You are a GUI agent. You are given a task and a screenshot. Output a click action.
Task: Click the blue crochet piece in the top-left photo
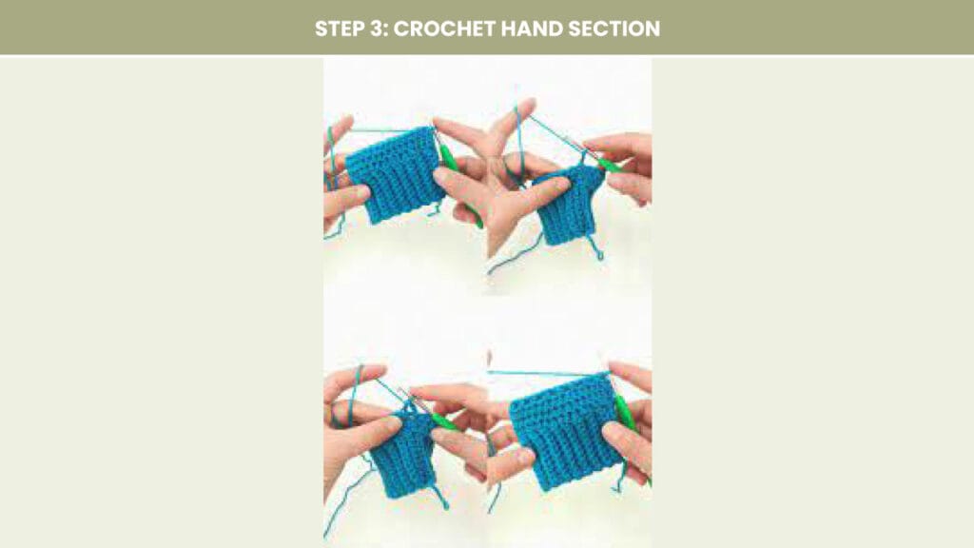[394, 175]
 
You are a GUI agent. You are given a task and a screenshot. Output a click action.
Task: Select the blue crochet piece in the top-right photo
[568, 205]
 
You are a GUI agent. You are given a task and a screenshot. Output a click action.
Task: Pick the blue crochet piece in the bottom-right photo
[565, 430]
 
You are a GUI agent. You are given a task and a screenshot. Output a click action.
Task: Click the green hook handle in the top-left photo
[458, 180]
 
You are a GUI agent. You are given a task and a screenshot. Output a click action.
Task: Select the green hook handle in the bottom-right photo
[628, 422]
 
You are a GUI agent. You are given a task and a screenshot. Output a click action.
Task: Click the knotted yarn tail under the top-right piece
[594, 247]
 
